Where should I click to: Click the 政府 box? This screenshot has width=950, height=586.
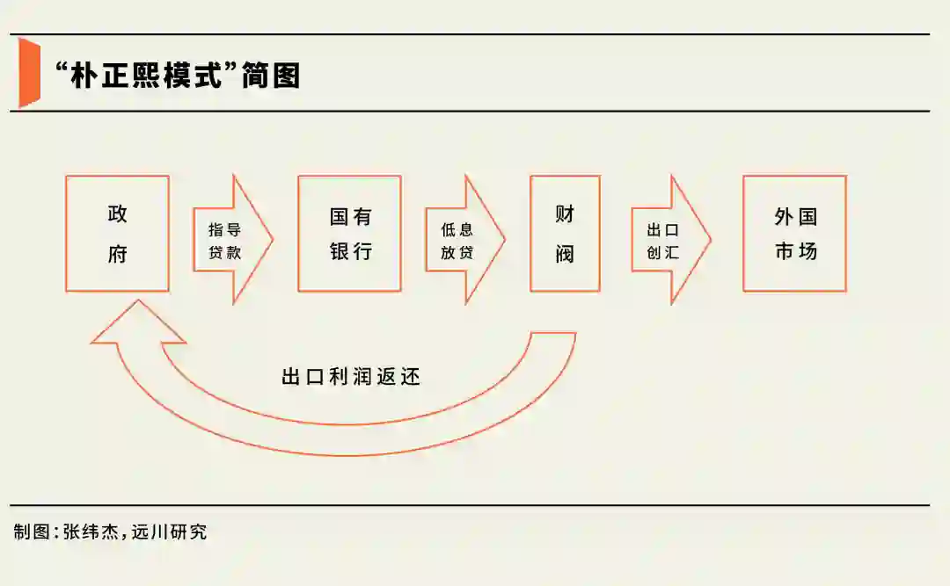[x=117, y=234]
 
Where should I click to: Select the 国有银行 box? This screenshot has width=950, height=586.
[x=349, y=234]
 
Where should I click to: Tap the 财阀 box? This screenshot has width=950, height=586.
[x=565, y=234]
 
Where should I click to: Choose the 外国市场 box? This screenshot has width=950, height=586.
[x=794, y=234]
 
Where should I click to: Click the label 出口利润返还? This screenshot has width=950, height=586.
[x=351, y=377]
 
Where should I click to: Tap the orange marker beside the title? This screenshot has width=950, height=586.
[x=29, y=73]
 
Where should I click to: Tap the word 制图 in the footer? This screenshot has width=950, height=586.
[x=32, y=532]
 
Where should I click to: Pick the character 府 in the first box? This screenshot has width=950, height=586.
[x=117, y=254]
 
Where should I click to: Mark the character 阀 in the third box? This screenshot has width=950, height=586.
[x=565, y=254]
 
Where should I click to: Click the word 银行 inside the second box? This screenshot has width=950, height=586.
[x=351, y=251]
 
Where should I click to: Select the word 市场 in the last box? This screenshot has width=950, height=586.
[x=795, y=251]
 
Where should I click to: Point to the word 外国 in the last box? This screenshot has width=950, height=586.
[x=795, y=215]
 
